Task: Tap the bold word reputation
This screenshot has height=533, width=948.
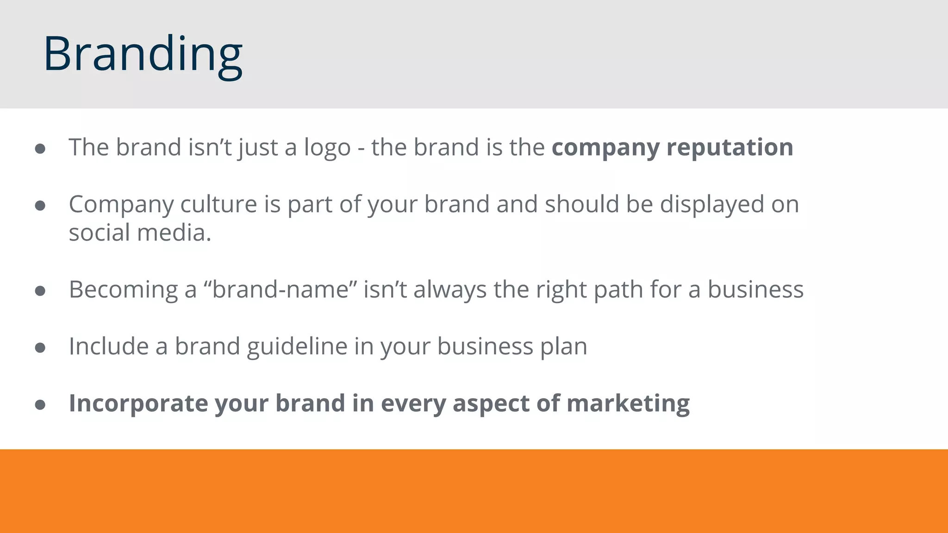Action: click(730, 148)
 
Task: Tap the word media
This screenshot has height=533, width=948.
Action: click(174, 233)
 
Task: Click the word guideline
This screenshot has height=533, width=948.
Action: click(297, 347)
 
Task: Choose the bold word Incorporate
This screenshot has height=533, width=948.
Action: click(138, 403)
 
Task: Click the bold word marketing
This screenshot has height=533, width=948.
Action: click(628, 404)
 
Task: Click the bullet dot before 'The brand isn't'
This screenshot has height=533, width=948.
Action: click(40, 149)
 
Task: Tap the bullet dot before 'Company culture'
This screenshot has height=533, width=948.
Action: click(40, 205)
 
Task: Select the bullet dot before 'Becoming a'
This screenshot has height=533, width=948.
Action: click(40, 291)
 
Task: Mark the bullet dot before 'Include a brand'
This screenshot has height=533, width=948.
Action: click(40, 347)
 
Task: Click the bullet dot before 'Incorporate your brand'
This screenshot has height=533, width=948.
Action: click(40, 405)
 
